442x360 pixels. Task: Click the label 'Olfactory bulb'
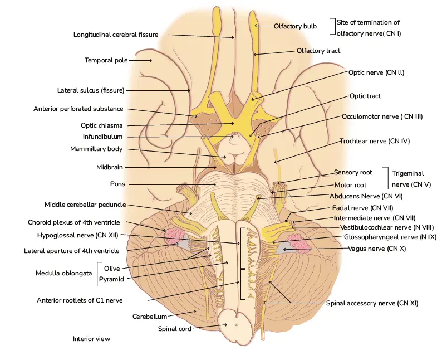(295, 26)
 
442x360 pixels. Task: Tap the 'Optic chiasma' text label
(101, 125)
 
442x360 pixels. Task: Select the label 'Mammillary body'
(96, 149)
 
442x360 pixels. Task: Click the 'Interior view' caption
(91, 338)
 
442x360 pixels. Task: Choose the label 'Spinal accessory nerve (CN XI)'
(372, 303)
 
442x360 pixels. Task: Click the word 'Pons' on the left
(117, 184)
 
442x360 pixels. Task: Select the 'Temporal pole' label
(106, 60)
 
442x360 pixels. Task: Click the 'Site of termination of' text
(369, 23)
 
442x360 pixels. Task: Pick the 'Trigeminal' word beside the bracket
(409, 173)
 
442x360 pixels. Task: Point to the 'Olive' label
(112, 269)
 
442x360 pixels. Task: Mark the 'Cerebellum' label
(149, 317)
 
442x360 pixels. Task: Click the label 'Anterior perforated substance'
(78, 109)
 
